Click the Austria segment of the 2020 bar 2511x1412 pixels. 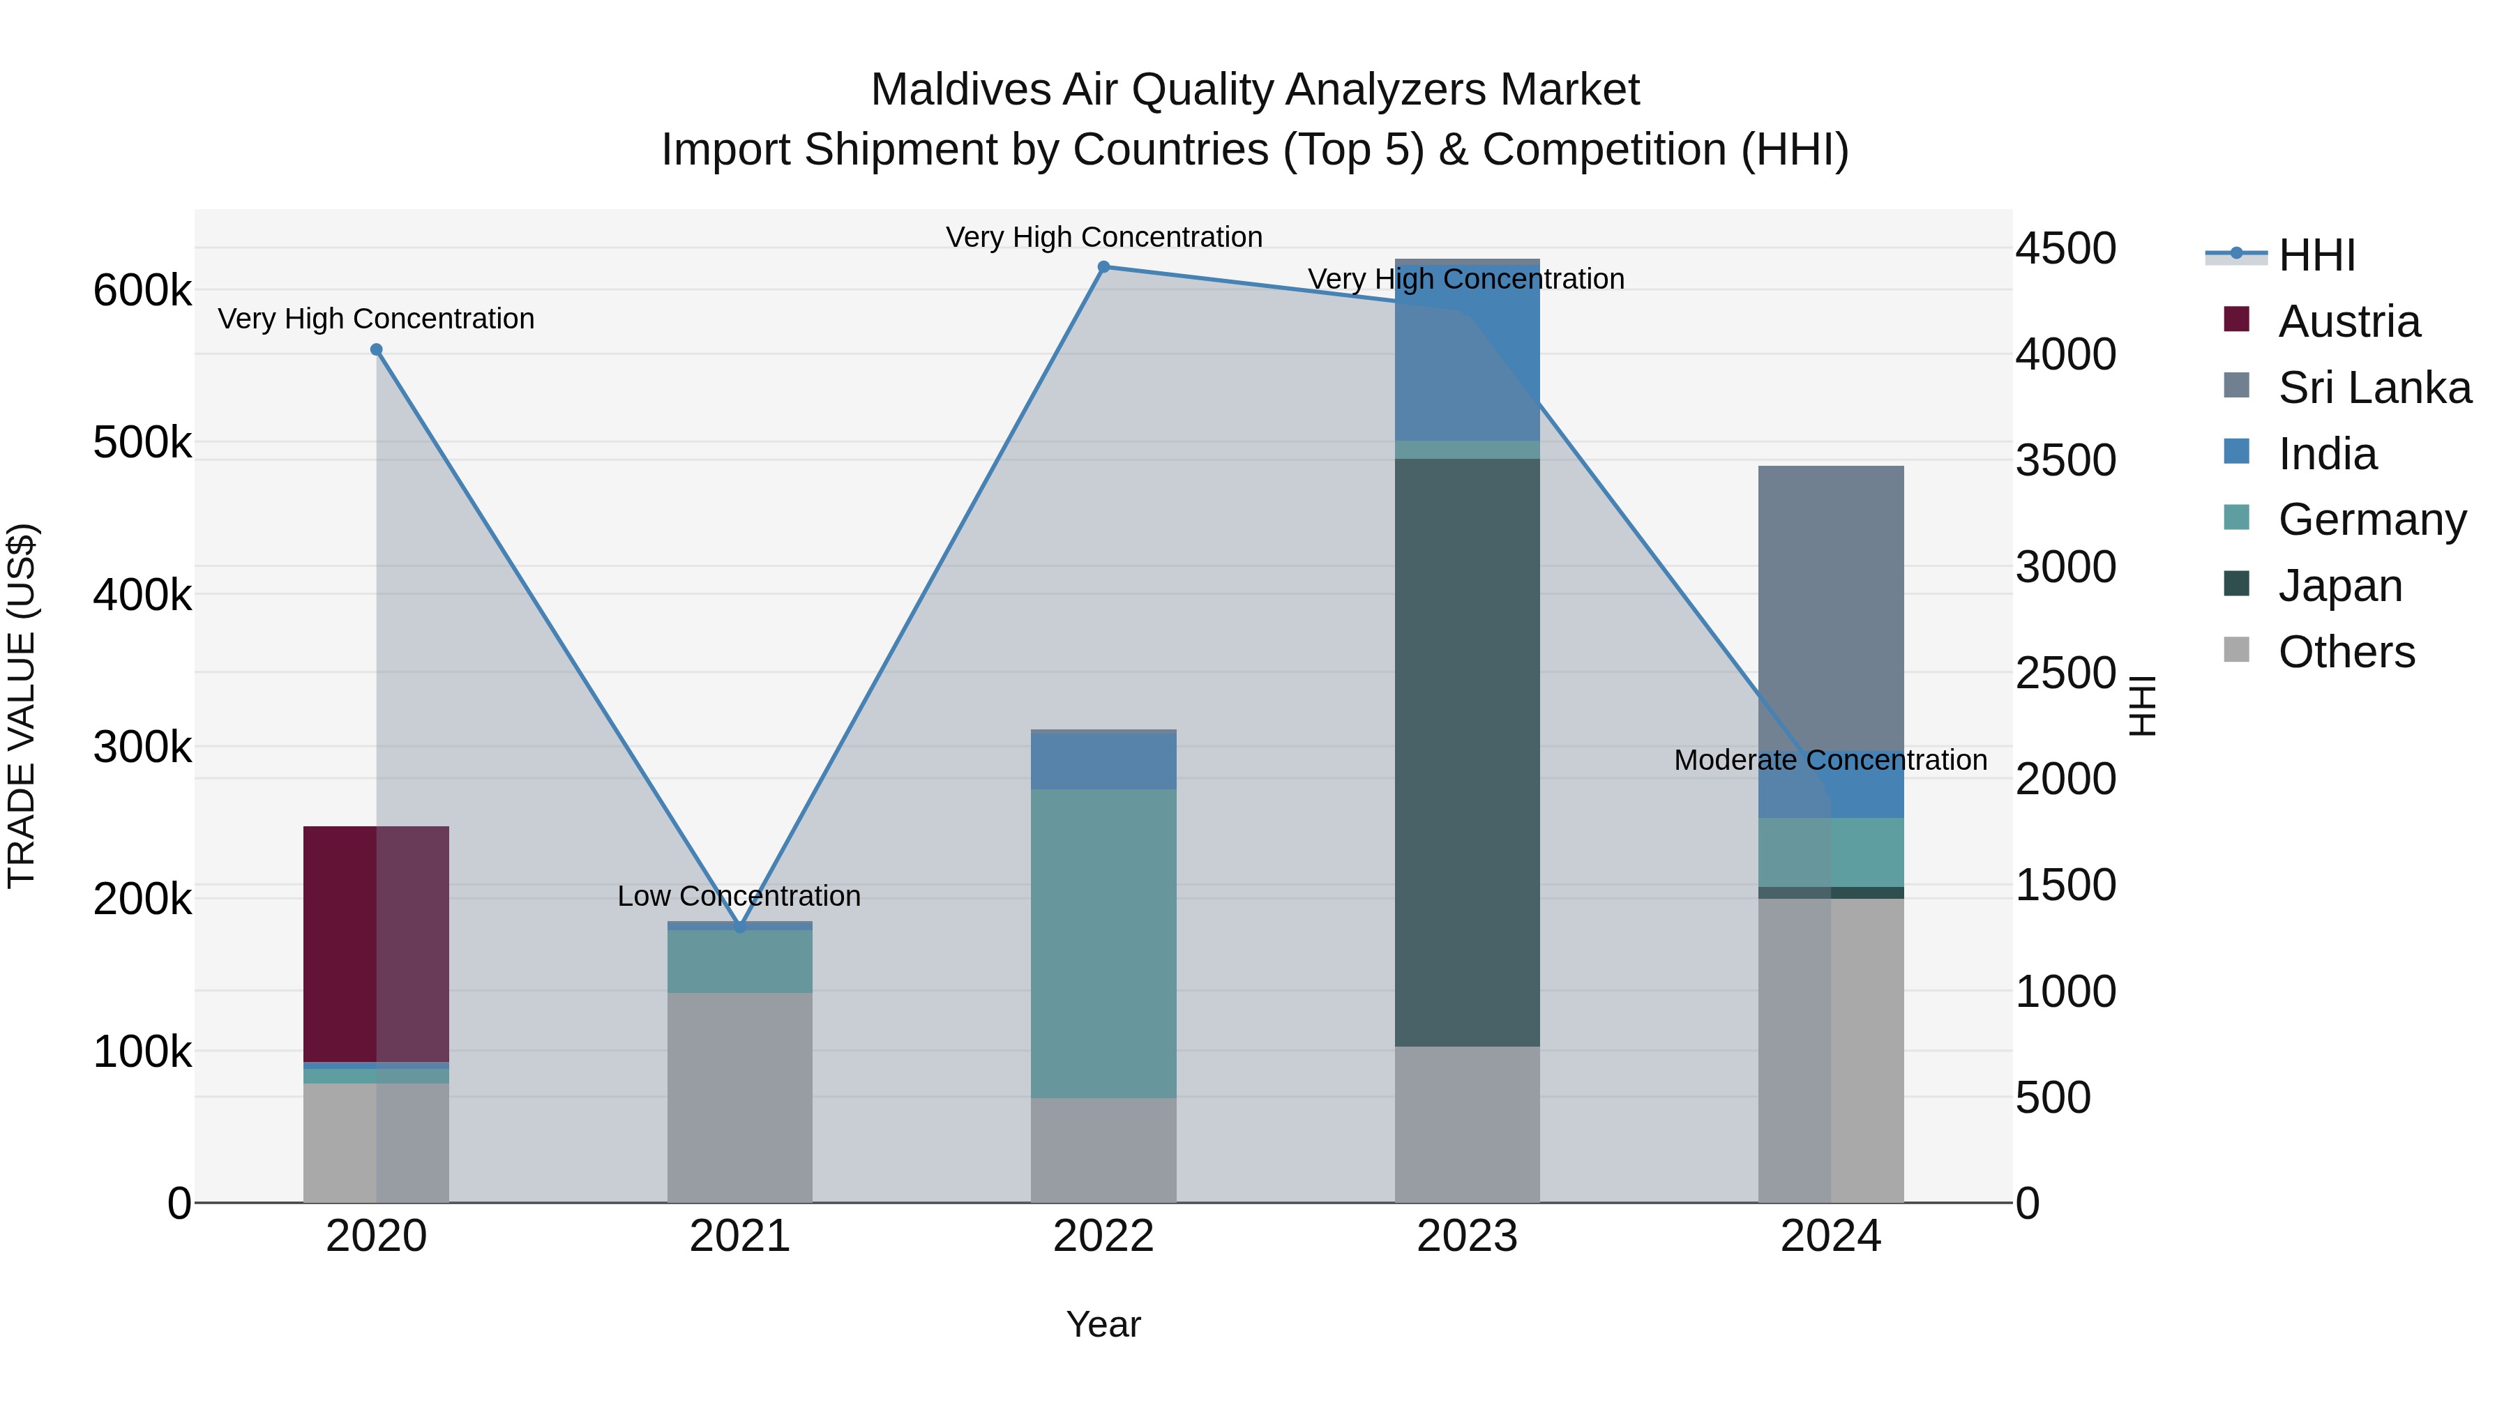click(x=375, y=943)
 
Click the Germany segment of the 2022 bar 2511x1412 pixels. click(x=1103, y=943)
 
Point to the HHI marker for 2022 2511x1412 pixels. click(x=1103, y=267)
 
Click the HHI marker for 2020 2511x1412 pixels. click(x=376, y=350)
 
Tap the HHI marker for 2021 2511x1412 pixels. click(x=740, y=927)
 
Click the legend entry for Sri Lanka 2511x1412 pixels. click(x=2374, y=388)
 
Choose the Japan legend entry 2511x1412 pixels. click(x=2339, y=586)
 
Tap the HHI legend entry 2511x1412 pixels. click(x=2316, y=255)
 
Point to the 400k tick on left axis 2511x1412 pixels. click(x=142, y=594)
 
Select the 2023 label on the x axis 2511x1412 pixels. click(x=1466, y=1236)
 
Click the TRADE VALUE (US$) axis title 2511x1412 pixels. click(x=22, y=706)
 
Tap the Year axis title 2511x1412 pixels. click(x=1103, y=1324)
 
